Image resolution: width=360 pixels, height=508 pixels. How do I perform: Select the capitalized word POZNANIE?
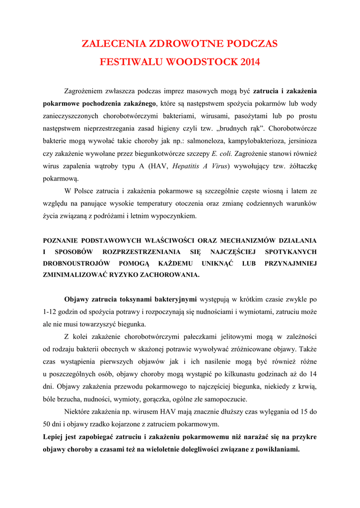(x=62, y=240)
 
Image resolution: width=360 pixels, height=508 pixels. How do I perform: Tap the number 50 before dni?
(x=48, y=424)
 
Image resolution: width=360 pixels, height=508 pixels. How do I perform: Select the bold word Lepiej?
(x=54, y=437)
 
